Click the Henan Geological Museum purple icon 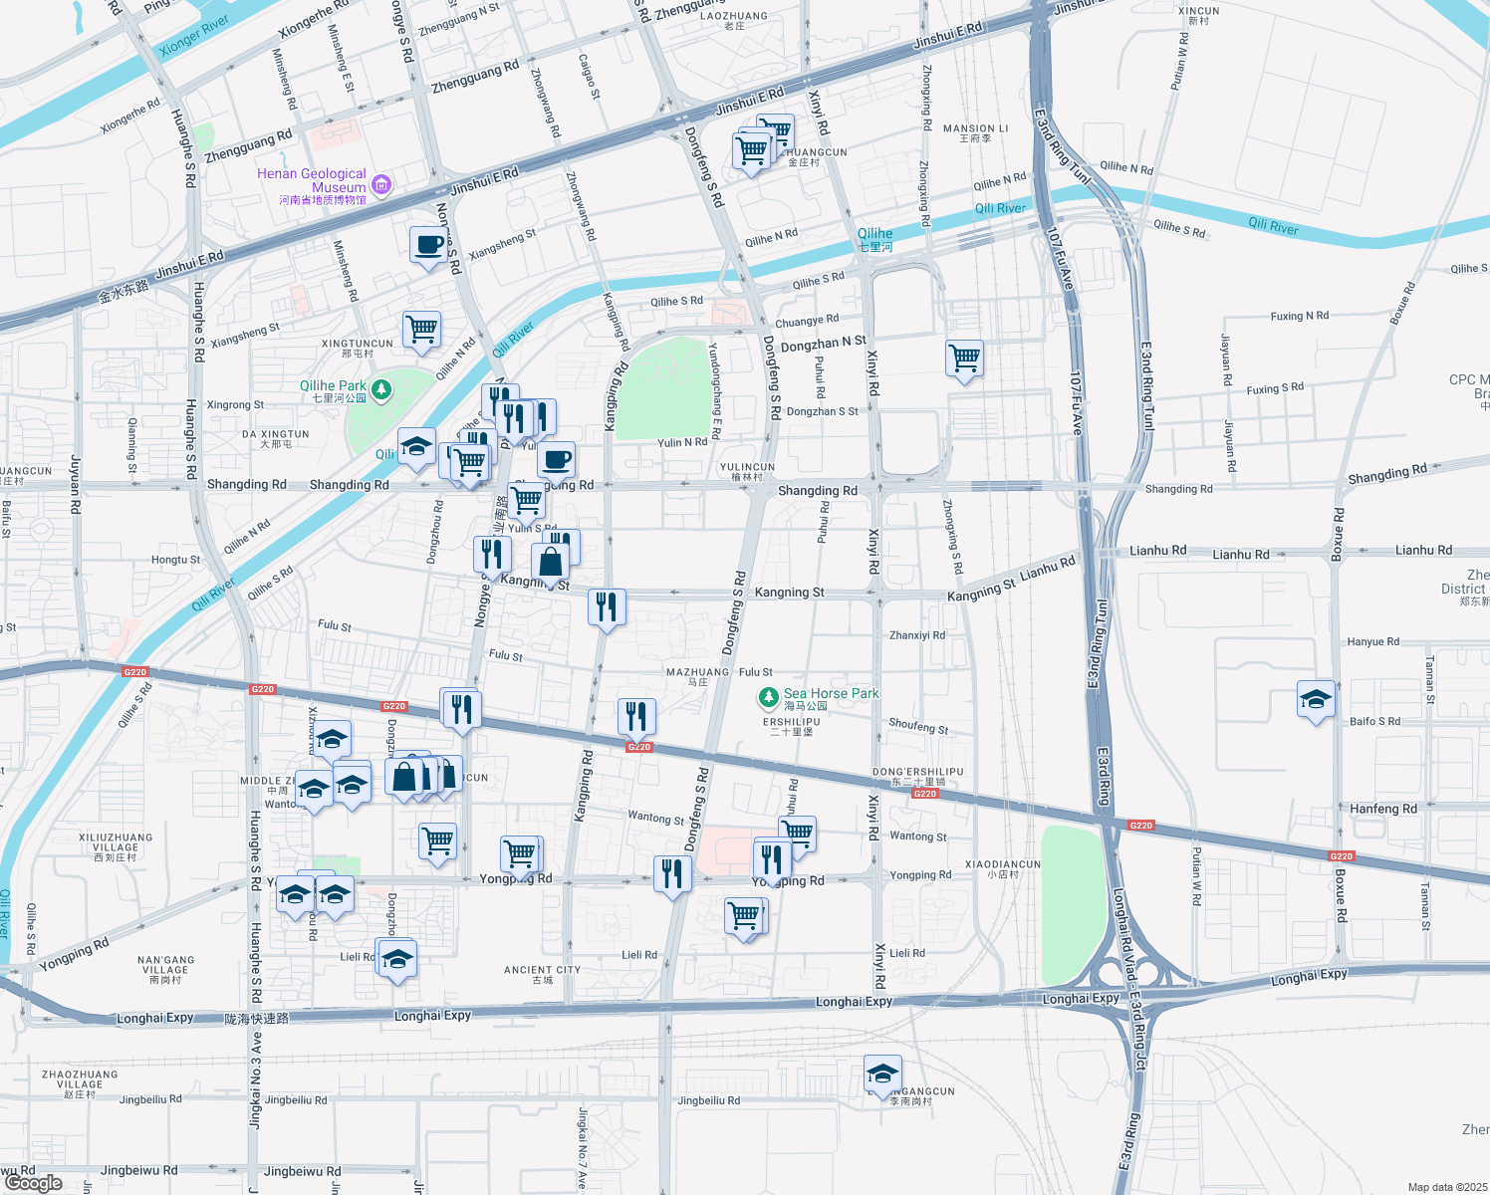[380, 184]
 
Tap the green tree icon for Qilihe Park [381, 387]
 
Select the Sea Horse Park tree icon [768, 695]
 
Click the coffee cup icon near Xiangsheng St [428, 244]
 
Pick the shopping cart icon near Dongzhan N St [964, 358]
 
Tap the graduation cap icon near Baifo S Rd [1316, 699]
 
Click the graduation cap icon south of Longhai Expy [882, 1074]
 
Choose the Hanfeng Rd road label [1382, 809]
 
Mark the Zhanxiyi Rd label [916, 635]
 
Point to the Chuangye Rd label [807, 321]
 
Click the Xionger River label [193, 36]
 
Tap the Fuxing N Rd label [1299, 316]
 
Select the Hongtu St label [175, 560]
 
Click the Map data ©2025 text [1447, 1187]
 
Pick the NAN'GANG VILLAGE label [165, 970]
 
